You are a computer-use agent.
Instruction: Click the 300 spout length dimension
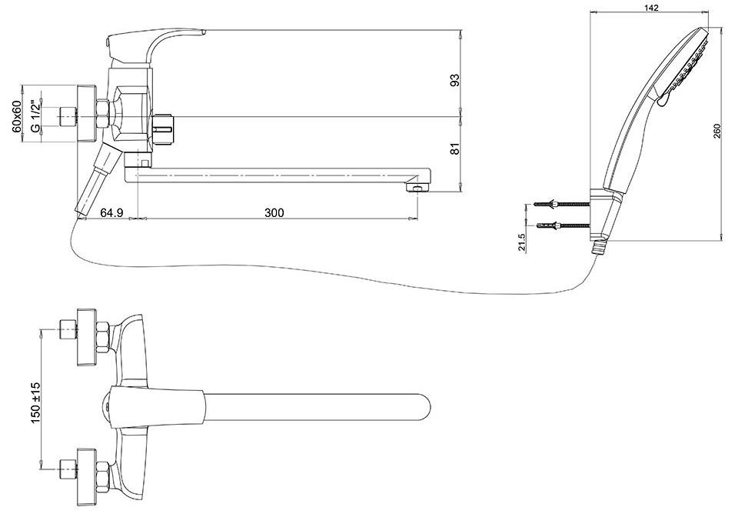click(274, 212)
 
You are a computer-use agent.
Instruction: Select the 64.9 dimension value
click(111, 212)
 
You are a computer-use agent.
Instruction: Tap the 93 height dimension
click(454, 80)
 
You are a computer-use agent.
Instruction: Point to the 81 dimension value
click(454, 149)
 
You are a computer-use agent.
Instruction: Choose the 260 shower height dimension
click(717, 131)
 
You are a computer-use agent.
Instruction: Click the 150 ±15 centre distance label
click(36, 403)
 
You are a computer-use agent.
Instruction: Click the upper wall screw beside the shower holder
click(561, 204)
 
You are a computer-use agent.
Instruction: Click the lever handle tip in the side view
click(201, 32)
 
